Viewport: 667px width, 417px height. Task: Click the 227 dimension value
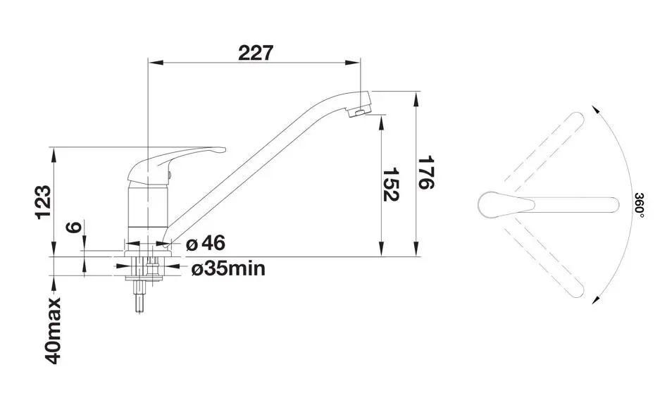[x=255, y=54]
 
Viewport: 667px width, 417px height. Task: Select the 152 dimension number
[x=390, y=185]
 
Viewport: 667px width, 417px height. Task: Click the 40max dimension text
[x=53, y=331]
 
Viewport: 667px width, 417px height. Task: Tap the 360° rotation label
[x=640, y=206]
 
